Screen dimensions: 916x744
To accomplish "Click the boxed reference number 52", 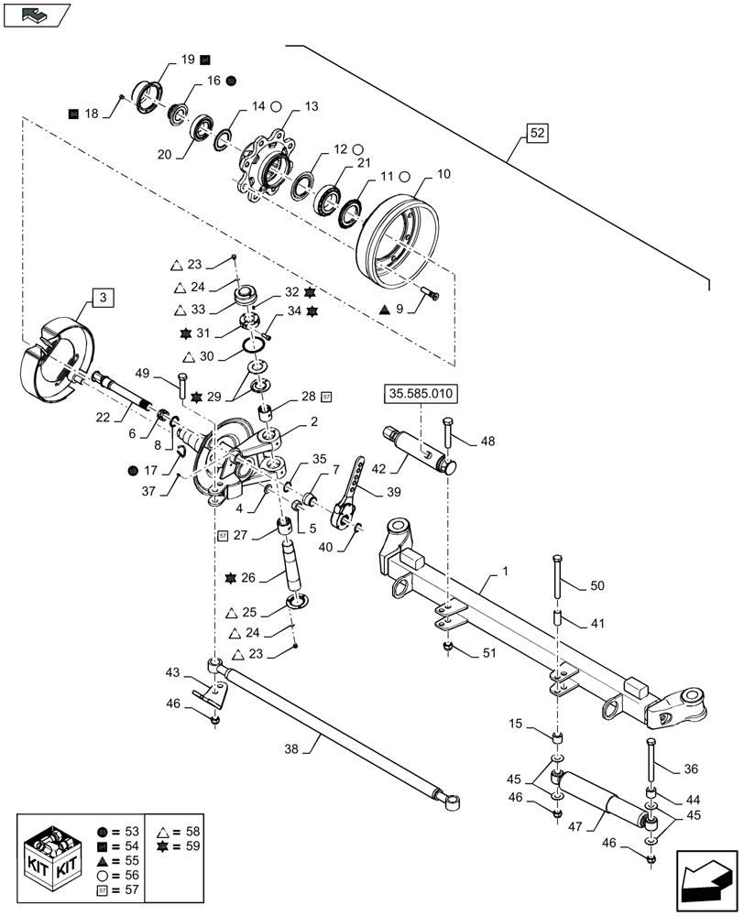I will pyautogui.click(x=538, y=135).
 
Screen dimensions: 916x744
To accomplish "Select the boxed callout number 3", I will pyautogui.click(x=103, y=297).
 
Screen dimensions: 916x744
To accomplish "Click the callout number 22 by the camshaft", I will pyautogui.click(x=104, y=416).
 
